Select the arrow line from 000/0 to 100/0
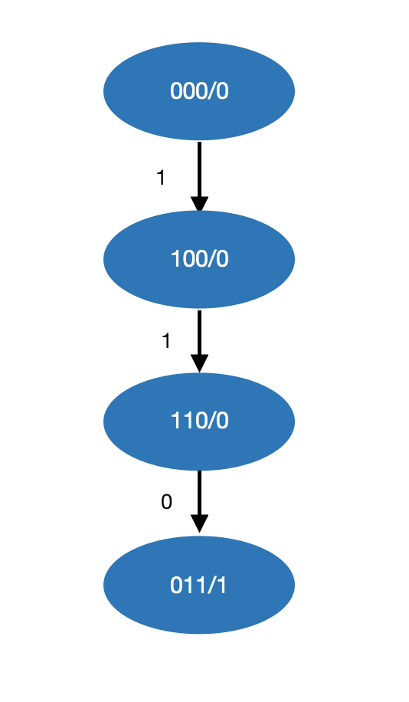pyautogui.click(x=199, y=169)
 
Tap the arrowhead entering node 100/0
pyautogui.click(x=199, y=205)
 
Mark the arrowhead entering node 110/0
pyautogui.click(x=199, y=364)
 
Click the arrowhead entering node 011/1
pyautogui.click(x=199, y=524)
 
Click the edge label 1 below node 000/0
pyautogui.click(x=161, y=179)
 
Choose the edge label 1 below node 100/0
pyautogui.click(x=166, y=341)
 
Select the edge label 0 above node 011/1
pyautogui.click(x=166, y=503)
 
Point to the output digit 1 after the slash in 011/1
pyautogui.click(x=223, y=586)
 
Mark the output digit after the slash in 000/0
pyautogui.click(x=223, y=91)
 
